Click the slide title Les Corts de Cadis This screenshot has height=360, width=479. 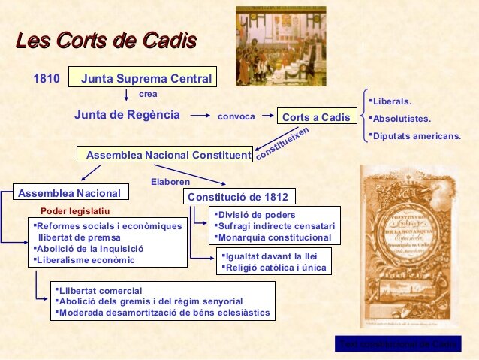[x=106, y=39]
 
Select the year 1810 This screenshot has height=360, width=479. [x=47, y=78]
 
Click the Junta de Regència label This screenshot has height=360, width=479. [x=127, y=115]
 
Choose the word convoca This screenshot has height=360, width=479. [x=236, y=116]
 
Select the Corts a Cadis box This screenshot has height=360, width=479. [x=315, y=117]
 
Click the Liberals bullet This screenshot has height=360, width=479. [x=391, y=101]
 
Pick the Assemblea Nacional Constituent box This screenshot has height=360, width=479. [x=165, y=155]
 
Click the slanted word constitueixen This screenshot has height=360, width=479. [x=282, y=142]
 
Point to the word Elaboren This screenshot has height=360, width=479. [x=170, y=181]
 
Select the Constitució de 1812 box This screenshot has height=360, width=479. [x=239, y=196]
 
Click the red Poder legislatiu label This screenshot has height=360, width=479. [x=74, y=211]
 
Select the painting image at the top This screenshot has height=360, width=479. [x=281, y=46]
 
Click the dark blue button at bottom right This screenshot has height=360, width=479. [x=398, y=344]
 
